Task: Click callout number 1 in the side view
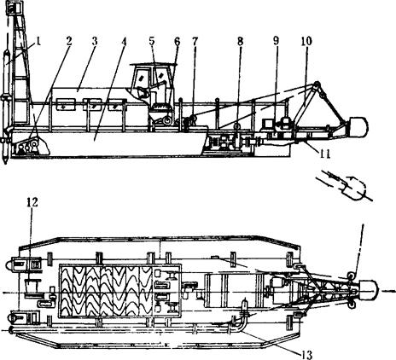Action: [38, 42]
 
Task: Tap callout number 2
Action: [69, 41]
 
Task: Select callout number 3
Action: [95, 41]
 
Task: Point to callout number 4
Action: [123, 42]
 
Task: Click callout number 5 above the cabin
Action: [152, 41]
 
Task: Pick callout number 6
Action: [177, 42]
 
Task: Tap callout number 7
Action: [195, 42]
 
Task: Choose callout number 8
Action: [240, 42]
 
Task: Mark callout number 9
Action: [276, 41]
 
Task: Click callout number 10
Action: [306, 41]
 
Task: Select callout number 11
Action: [324, 154]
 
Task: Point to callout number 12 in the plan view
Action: [32, 202]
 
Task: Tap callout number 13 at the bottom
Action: [306, 354]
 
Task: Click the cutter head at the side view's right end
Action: [359, 127]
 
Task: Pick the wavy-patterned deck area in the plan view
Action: [106, 291]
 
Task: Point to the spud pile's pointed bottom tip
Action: [5, 163]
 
